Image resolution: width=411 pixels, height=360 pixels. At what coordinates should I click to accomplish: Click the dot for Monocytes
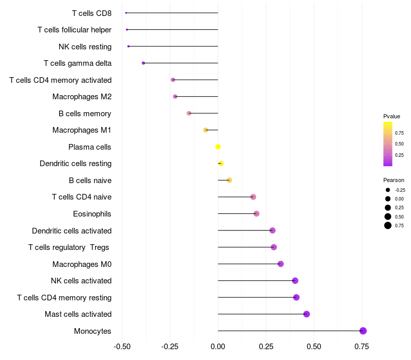pos(363,331)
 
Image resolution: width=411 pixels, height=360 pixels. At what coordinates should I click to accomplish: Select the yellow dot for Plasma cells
pos(218,147)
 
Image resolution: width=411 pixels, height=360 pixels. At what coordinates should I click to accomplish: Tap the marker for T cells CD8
pos(126,13)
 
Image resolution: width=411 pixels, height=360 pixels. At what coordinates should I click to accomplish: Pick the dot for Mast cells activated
pos(307,314)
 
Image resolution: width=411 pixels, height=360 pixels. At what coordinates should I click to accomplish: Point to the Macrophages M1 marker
pos(206,130)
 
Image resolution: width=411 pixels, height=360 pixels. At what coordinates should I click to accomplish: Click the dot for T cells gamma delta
pos(143,63)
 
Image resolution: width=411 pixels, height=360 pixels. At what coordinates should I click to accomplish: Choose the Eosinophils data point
pos(256,214)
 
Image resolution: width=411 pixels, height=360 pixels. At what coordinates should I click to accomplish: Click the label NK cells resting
pos(85,47)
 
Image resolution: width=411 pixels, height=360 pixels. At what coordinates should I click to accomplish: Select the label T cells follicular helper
pos(74,30)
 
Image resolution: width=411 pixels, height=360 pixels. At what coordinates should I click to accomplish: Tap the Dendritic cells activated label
pos(71,231)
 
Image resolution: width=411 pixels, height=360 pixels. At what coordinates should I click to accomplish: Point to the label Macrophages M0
pos(82,264)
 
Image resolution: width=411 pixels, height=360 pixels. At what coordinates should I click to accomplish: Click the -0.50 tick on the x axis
pos(122,347)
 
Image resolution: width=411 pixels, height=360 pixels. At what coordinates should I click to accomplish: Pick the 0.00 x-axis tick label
pos(218,347)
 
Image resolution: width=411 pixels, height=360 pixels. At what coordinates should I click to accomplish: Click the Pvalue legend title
pos(391,116)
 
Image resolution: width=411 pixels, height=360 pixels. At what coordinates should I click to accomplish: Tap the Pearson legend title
pos(394,180)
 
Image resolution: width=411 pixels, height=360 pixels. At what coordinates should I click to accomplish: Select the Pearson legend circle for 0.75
pos(388,225)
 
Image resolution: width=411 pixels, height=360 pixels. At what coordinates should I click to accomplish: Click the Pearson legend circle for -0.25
pos(388,190)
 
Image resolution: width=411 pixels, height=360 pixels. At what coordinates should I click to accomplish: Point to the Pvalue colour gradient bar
pos(388,144)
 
